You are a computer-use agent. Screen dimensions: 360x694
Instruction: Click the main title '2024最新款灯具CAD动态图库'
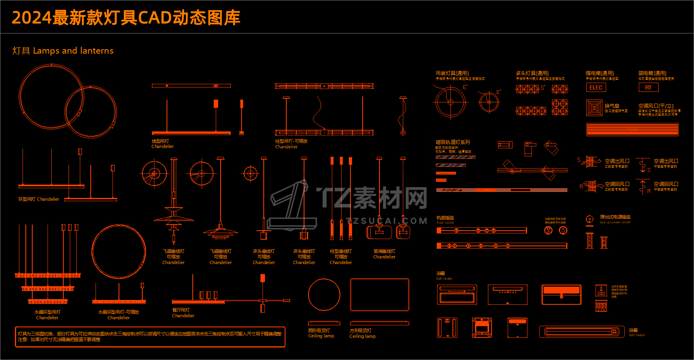tap(126, 18)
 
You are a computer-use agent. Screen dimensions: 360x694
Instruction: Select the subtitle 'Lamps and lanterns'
tap(73, 51)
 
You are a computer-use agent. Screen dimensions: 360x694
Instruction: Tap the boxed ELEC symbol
tap(596, 87)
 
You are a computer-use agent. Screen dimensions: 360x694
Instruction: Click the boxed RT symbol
tap(648, 87)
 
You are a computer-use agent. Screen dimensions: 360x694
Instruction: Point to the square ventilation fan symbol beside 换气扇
tap(594, 108)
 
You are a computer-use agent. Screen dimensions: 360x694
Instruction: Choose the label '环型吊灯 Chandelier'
tap(39, 199)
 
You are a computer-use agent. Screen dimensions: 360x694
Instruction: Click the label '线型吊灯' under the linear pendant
tap(160, 141)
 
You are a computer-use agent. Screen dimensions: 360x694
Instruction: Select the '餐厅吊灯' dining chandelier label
tap(181, 310)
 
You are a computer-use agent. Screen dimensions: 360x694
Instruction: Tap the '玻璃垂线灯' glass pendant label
tap(384, 251)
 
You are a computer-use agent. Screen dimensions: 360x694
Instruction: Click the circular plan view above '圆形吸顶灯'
tap(324, 295)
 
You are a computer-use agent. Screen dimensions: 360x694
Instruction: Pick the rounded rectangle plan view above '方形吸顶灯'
tap(379, 295)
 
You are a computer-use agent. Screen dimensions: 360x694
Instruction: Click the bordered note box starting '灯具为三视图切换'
tap(150, 337)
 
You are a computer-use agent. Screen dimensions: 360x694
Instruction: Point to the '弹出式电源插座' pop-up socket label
tap(615, 217)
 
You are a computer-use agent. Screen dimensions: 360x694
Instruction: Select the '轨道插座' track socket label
tap(445, 218)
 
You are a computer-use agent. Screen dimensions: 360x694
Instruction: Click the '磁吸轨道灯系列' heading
tap(453, 142)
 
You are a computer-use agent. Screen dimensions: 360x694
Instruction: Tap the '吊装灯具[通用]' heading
tap(452, 73)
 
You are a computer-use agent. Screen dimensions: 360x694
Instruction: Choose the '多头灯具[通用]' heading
tap(532, 73)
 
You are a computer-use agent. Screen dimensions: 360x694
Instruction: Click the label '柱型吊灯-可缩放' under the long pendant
tap(291, 141)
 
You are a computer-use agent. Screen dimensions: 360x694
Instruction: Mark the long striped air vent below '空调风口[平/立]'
tap(632, 129)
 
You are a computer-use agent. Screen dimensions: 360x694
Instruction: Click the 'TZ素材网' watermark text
tap(371, 198)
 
